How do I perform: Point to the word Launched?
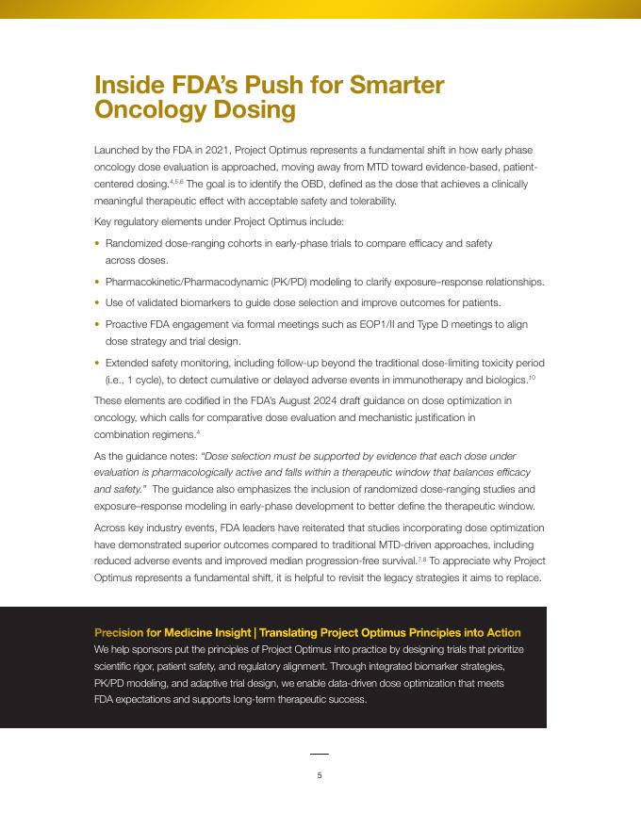(x=116, y=150)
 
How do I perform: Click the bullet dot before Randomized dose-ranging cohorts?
(x=97, y=244)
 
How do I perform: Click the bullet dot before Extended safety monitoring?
(x=97, y=363)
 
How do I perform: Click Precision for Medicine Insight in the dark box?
(x=173, y=632)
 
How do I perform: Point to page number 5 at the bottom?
(x=320, y=775)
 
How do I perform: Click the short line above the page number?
(x=320, y=754)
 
